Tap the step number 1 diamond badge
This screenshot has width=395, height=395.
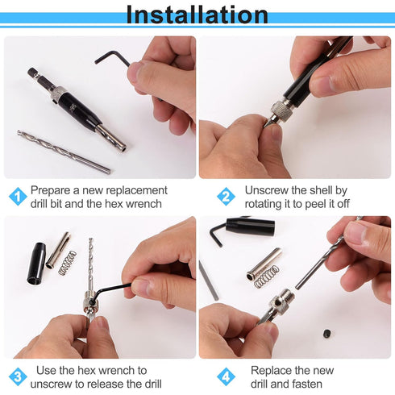[17, 196]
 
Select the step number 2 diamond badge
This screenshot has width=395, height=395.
[227, 196]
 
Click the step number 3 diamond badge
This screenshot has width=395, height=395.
[17, 376]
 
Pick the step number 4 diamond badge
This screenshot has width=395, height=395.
[227, 376]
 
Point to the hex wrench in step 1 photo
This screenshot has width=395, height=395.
[111, 57]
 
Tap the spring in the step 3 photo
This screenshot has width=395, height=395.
[67, 261]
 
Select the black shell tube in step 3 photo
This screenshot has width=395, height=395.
[37, 263]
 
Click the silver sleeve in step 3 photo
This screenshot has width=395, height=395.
[57, 250]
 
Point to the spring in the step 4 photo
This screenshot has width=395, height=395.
[266, 276]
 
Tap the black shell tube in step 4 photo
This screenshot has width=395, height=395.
[250, 227]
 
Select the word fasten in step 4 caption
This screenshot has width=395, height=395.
[315, 385]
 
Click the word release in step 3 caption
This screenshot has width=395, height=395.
[102, 385]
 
